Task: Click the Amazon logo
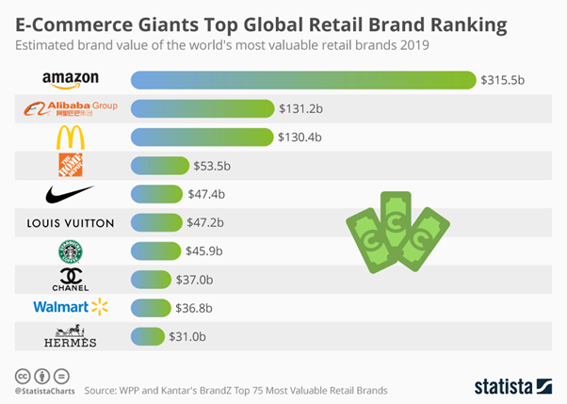[x=70, y=80]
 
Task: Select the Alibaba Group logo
[x=71, y=109]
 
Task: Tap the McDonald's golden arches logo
[x=70, y=137]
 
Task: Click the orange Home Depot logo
[x=71, y=166]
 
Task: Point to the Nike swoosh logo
[x=70, y=194]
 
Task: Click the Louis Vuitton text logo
[x=71, y=223]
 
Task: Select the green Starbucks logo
[x=71, y=251]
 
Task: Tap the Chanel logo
[x=71, y=280]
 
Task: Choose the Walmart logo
[x=71, y=307]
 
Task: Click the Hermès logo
[x=71, y=336]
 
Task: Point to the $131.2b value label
[x=300, y=109]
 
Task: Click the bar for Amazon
[x=302, y=80]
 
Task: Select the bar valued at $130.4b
[x=202, y=137]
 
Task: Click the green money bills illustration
[x=391, y=231]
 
